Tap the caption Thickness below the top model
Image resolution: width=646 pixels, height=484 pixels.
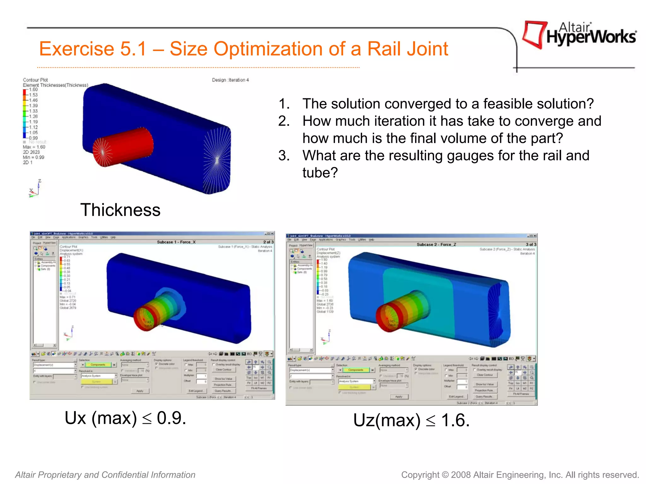pyautogui.click(x=120, y=210)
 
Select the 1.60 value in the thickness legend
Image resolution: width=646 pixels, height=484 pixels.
pyautogui.click(x=33, y=89)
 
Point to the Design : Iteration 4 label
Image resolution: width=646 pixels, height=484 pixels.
pyautogui.click(x=230, y=80)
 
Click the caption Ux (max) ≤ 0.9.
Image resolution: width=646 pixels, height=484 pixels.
pyautogui.click(x=125, y=418)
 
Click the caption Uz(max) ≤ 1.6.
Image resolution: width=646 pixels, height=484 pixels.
pyautogui.click(x=411, y=420)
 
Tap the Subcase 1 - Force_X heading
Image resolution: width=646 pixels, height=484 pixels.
pyautogui.click(x=176, y=242)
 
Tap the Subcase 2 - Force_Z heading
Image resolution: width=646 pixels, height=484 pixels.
pyautogui.click(x=436, y=245)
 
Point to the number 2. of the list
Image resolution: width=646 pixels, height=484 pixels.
pyautogui.click(x=284, y=121)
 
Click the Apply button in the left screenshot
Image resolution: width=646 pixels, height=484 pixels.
pyautogui.click(x=140, y=391)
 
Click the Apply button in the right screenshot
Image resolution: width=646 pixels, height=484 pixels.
pyautogui.click(x=399, y=397)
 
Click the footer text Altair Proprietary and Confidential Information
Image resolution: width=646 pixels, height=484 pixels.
pyautogui.click(x=105, y=475)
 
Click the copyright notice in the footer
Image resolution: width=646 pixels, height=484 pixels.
pyautogui.click(x=520, y=475)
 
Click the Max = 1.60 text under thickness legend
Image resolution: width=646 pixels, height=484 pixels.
pyautogui.click(x=34, y=147)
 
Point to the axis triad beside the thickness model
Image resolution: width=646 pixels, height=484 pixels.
pyautogui.click(x=35, y=189)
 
